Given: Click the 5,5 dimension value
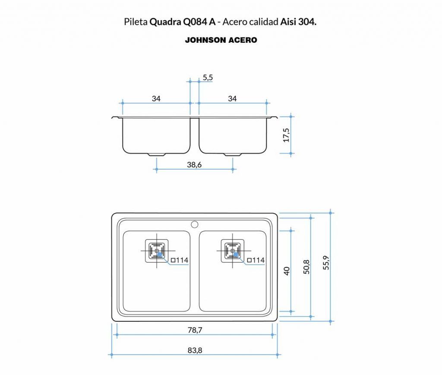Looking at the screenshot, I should pyautogui.click(x=208, y=78).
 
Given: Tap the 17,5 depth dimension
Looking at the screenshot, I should pyautogui.click(x=286, y=135).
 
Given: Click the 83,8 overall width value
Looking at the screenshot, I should pyautogui.click(x=195, y=350).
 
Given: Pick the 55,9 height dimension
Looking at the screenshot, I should pyautogui.click(x=326, y=263).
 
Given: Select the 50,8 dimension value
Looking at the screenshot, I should pyautogui.click(x=306, y=267).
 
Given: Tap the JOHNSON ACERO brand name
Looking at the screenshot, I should pyautogui.click(x=221, y=40).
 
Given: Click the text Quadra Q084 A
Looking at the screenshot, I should pyautogui.click(x=182, y=22).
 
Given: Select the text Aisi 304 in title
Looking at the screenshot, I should pyautogui.click(x=298, y=22).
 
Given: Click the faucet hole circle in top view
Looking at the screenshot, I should pyautogui.click(x=194, y=224).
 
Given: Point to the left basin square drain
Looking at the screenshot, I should pyautogui.click(x=156, y=251).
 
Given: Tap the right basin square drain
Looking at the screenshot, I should pyautogui.click(x=232, y=251).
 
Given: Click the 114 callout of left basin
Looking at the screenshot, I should pyautogui.click(x=180, y=260).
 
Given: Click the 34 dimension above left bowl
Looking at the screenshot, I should pyautogui.click(x=156, y=99).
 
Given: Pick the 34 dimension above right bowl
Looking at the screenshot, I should pyautogui.click(x=232, y=99).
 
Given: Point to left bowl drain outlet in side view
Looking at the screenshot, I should pyautogui.click(x=156, y=154).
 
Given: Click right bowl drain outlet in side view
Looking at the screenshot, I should pyautogui.click(x=233, y=154).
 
